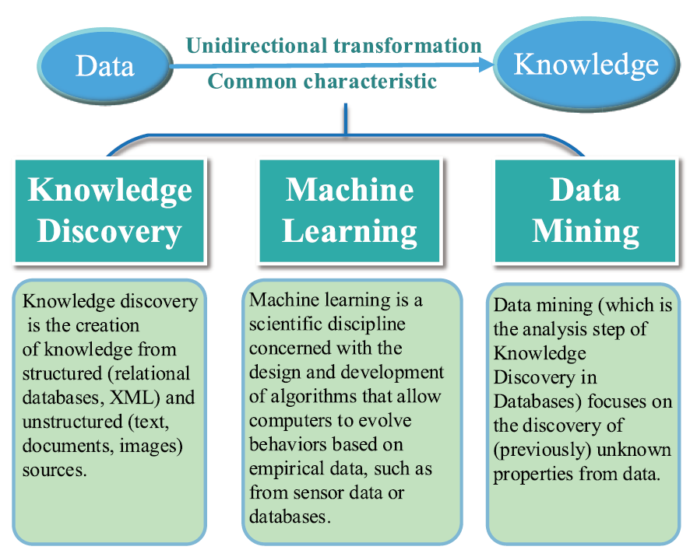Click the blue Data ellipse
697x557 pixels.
(105, 66)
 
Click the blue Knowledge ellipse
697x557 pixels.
(586, 65)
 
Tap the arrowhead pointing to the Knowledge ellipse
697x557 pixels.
(486, 66)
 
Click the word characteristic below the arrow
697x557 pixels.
(370, 81)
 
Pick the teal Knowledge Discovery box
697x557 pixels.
(110, 211)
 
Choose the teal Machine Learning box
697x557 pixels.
(350, 211)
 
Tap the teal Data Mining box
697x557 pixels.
(586, 211)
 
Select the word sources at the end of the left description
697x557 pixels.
(55, 470)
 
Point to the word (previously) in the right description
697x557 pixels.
(542, 450)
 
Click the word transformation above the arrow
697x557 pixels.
(407, 45)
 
